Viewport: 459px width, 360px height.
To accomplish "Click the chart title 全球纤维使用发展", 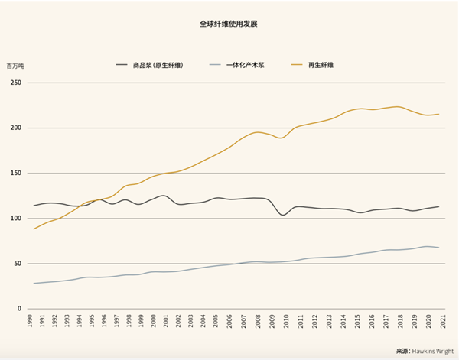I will [229, 24].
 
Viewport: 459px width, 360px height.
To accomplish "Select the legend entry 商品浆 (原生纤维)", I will [158, 66].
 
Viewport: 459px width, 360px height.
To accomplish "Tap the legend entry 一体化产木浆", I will [245, 66].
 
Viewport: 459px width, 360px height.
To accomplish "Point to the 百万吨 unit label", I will [15, 66].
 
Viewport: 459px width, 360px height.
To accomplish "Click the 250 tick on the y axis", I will [15, 83].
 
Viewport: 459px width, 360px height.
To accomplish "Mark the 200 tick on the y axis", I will [15, 128].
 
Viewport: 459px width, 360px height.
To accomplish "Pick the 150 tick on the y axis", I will [15, 174].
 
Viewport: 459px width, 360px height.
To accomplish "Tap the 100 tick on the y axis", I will [15, 219].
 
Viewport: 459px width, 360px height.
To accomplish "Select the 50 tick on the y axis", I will [17, 264].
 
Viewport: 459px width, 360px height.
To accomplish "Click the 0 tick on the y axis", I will [19, 309].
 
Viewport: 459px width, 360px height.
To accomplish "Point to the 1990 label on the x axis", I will [31, 320].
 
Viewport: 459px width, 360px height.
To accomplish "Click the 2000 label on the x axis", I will [155, 320].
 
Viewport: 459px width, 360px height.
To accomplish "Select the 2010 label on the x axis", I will [286, 320].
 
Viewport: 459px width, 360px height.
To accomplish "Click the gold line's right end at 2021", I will [438, 115].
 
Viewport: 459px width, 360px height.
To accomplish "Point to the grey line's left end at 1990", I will [34, 284].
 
